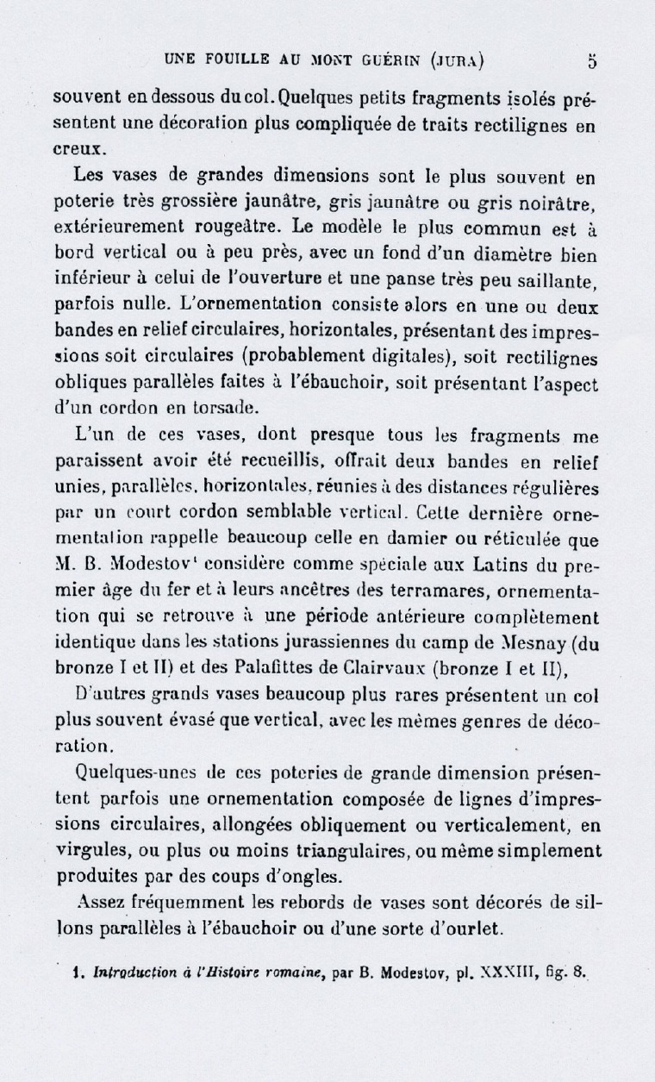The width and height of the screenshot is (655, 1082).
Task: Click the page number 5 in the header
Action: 591,61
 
